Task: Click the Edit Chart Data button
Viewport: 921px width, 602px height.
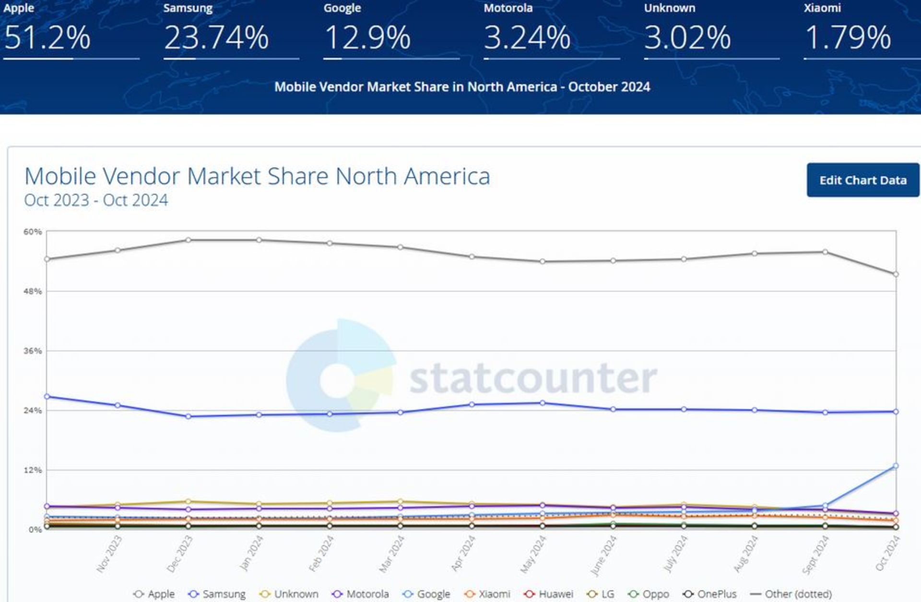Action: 862,180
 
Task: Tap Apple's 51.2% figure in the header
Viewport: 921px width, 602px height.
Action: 47,37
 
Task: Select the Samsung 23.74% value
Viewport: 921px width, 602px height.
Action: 216,37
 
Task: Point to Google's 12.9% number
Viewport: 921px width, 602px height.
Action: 367,37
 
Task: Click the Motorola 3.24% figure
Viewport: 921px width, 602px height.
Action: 527,37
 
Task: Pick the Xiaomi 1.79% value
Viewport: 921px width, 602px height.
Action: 848,37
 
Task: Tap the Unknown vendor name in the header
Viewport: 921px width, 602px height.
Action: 669,8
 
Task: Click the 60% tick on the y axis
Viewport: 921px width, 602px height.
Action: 33,232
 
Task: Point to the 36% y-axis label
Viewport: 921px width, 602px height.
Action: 33,351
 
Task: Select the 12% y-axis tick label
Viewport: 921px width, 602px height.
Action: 33,470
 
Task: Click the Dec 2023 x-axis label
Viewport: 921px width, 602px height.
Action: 179,554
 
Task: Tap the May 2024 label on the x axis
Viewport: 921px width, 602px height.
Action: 533,555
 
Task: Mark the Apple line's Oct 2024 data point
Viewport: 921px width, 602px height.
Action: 896,274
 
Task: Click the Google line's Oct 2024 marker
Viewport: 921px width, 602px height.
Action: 896,466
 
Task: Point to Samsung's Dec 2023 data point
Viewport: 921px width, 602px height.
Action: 189,416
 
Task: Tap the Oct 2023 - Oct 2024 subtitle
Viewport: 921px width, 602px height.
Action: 96,200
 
